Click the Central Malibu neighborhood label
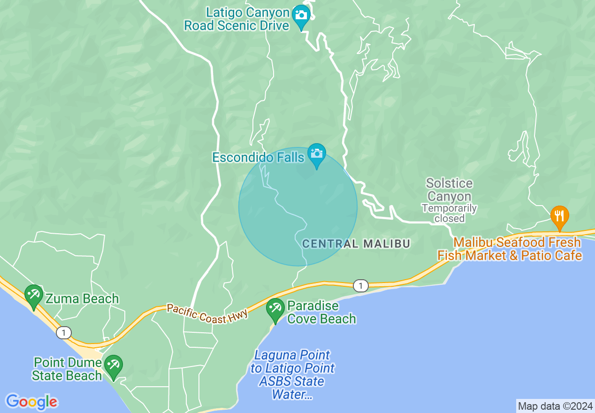(x=356, y=244)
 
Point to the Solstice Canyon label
(x=449, y=190)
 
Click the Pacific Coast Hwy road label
(x=207, y=313)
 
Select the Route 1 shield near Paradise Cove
(x=360, y=285)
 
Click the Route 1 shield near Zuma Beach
(x=63, y=333)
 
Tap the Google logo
(x=31, y=402)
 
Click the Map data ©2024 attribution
(x=555, y=406)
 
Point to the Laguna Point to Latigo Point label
(x=292, y=375)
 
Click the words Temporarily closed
(x=449, y=213)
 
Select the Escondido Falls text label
(x=258, y=157)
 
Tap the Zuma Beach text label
(x=82, y=298)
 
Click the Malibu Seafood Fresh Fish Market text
(x=510, y=249)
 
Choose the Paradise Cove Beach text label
(x=321, y=313)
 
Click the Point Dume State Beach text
(x=68, y=369)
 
